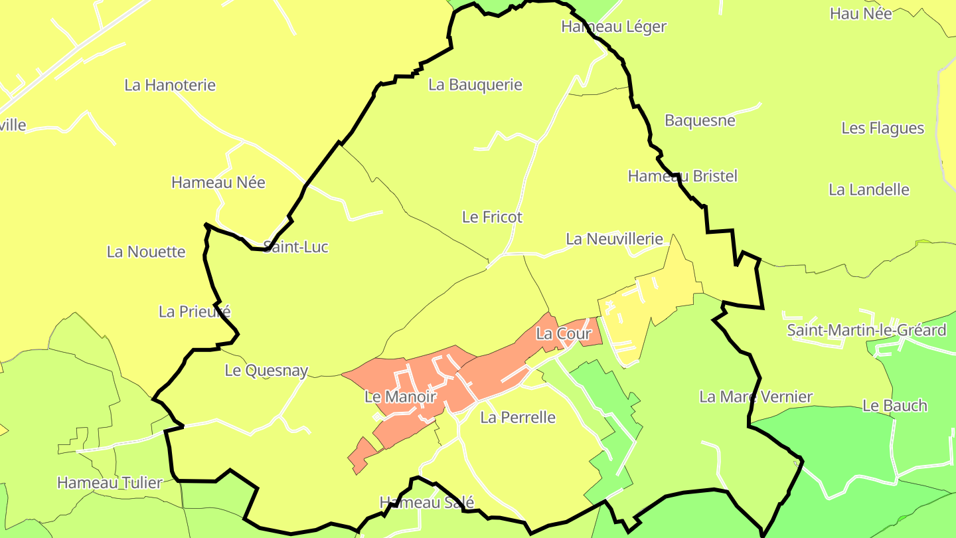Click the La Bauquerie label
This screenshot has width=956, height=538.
coord(475,85)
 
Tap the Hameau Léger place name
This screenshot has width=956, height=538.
coord(613,27)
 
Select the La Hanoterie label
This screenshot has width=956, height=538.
coord(170,85)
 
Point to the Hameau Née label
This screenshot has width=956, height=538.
coord(218,183)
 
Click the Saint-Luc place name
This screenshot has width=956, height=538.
coord(296,247)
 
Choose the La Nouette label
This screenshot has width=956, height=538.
coord(146,252)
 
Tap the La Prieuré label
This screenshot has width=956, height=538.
coord(195,312)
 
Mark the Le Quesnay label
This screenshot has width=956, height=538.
coord(266,371)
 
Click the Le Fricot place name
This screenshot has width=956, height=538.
coord(492,217)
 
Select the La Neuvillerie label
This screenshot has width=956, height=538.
coord(614,239)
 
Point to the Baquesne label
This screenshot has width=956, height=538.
coord(700,121)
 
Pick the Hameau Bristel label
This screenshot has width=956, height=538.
coord(682,176)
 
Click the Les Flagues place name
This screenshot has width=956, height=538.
coord(882,128)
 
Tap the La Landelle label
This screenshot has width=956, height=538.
coord(868,190)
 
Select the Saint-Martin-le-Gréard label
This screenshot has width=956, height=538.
coord(866,330)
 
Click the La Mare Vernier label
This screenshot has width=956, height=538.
coord(756,397)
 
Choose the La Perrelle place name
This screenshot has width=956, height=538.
coord(517,418)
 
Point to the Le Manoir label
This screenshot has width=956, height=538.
coord(400,397)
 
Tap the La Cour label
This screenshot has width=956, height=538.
coord(563,333)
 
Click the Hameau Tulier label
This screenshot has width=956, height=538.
coord(110,483)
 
